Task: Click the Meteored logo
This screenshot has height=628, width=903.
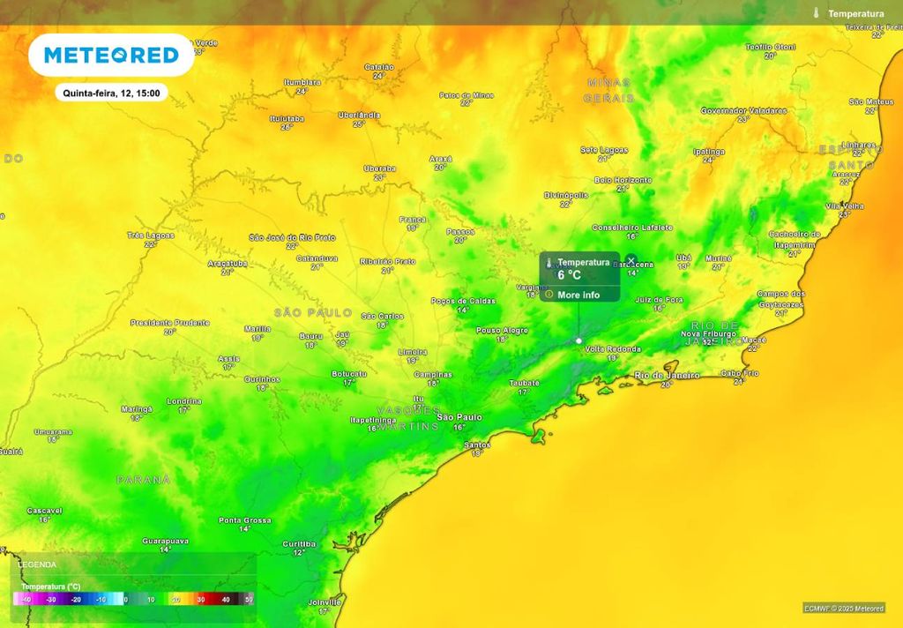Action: click(x=111, y=56)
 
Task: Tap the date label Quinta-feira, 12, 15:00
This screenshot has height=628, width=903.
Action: click(x=111, y=93)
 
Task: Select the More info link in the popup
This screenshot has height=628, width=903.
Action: click(x=578, y=295)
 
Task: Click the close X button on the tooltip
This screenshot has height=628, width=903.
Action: click(x=631, y=260)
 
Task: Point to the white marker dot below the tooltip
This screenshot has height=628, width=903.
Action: click(x=578, y=340)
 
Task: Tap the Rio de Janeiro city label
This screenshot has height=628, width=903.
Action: click(x=667, y=376)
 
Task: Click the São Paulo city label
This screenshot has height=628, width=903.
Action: click(x=459, y=417)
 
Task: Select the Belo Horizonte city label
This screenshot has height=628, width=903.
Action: click(x=623, y=180)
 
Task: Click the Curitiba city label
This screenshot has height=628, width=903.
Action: click(x=299, y=544)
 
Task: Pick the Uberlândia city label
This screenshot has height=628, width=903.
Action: click(x=359, y=115)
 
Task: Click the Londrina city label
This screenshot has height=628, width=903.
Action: click(x=183, y=401)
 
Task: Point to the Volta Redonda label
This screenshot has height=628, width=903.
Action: click(x=613, y=349)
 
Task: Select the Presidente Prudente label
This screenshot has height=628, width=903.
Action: click(x=169, y=323)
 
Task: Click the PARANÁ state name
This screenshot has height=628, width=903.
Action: click(x=143, y=479)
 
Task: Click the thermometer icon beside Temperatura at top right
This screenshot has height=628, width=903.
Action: click(x=817, y=13)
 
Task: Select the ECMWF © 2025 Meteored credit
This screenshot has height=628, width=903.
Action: click(x=844, y=608)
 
